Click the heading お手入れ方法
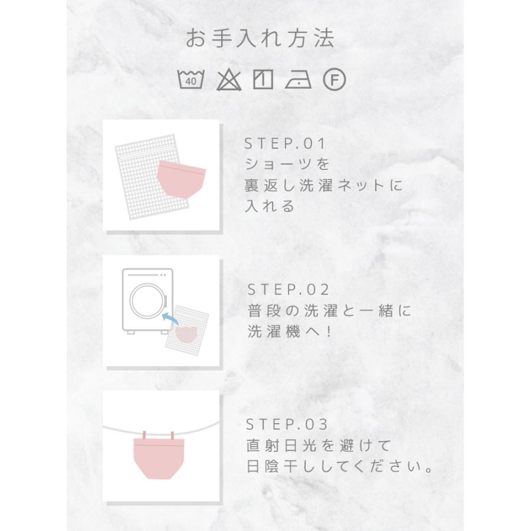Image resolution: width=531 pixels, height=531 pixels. pos(260,39)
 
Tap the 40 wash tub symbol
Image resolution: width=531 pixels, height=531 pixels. pos(191,79)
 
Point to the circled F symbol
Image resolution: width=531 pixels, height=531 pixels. pos(335,79)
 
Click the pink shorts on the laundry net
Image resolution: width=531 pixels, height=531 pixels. pos(181,178)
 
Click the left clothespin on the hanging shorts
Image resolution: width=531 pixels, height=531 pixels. pos(144,435)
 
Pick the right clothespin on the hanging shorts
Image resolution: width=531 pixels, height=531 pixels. pos(172,435)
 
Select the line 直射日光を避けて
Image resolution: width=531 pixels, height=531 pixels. pos(319,445)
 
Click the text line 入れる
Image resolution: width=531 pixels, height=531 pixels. pos(270,206)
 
